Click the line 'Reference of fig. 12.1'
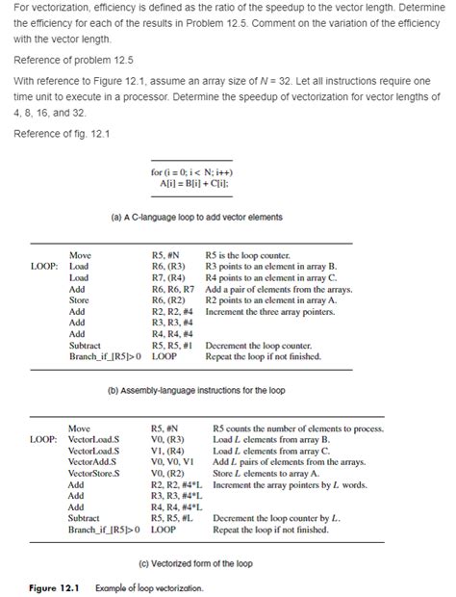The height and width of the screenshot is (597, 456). [x=63, y=132]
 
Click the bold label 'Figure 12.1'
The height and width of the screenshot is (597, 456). [x=49, y=586]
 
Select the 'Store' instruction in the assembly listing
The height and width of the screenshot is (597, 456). [x=79, y=299]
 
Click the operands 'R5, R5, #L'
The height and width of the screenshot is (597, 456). [x=173, y=517]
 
